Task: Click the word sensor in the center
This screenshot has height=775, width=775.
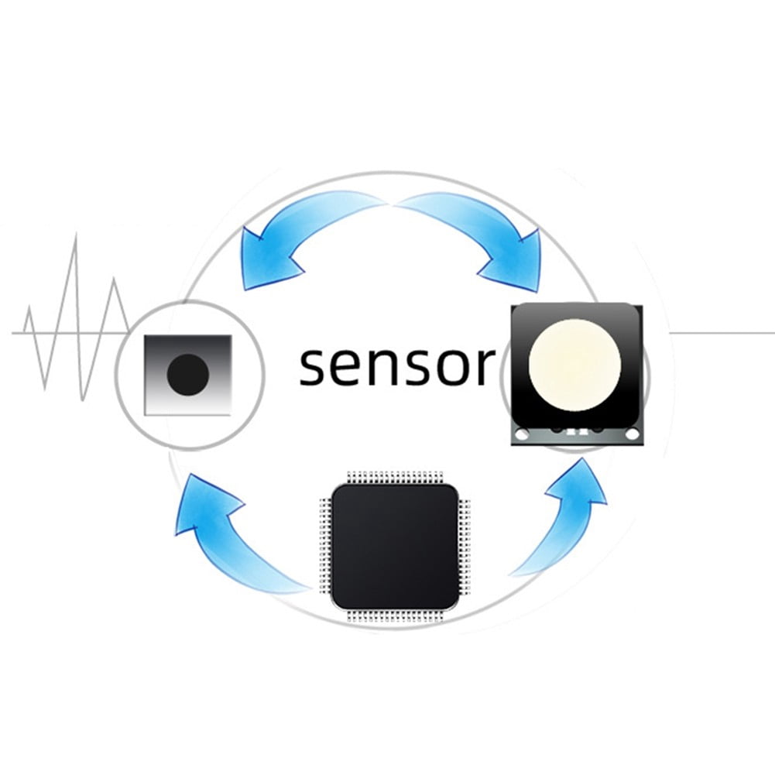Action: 397,366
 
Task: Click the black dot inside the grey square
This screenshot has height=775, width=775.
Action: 188,374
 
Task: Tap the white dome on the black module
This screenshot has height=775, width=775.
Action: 574,365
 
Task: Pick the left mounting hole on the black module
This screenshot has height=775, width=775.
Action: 522,434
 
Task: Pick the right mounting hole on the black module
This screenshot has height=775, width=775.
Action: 632,434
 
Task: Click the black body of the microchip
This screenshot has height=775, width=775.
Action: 395,546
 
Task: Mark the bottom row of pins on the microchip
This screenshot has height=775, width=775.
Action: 395,616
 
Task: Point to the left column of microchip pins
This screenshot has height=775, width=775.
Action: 324,546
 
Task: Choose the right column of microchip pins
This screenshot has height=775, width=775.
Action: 465,546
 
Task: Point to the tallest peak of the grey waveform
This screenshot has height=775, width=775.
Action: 76,235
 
